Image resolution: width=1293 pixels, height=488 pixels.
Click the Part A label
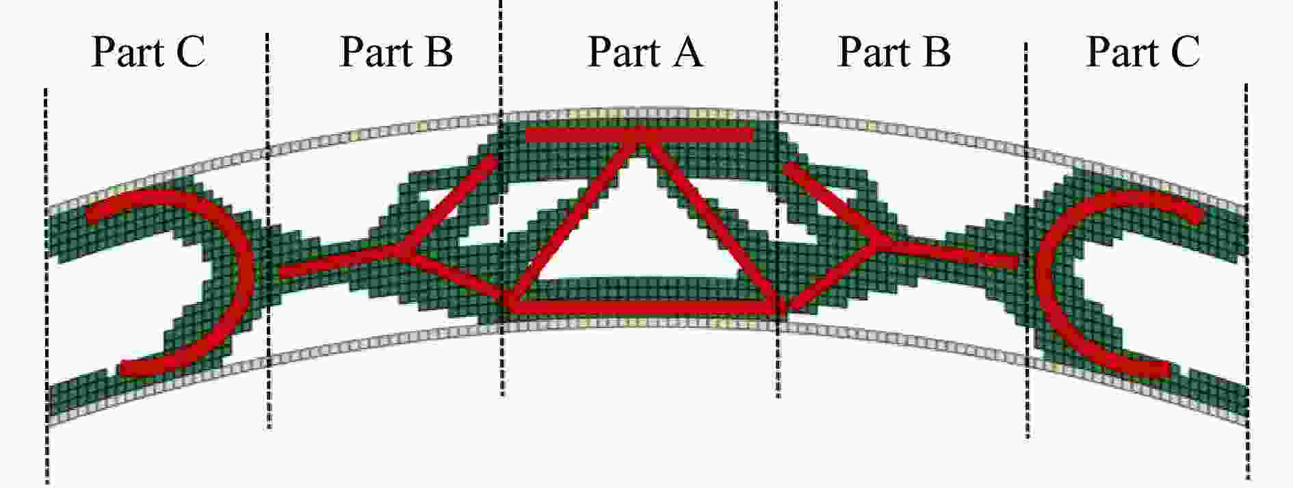point(645,52)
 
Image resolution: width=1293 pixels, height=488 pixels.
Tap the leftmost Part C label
point(148,52)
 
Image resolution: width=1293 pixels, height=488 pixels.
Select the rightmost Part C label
point(1143,52)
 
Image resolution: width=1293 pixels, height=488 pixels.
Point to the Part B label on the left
point(396,52)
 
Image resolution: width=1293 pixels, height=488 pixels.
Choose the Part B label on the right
point(894,52)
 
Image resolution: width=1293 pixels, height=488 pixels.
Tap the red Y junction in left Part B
point(400,251)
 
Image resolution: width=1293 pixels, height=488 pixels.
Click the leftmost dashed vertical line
point(47,286)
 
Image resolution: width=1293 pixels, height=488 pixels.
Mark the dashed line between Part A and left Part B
point(501,198)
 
